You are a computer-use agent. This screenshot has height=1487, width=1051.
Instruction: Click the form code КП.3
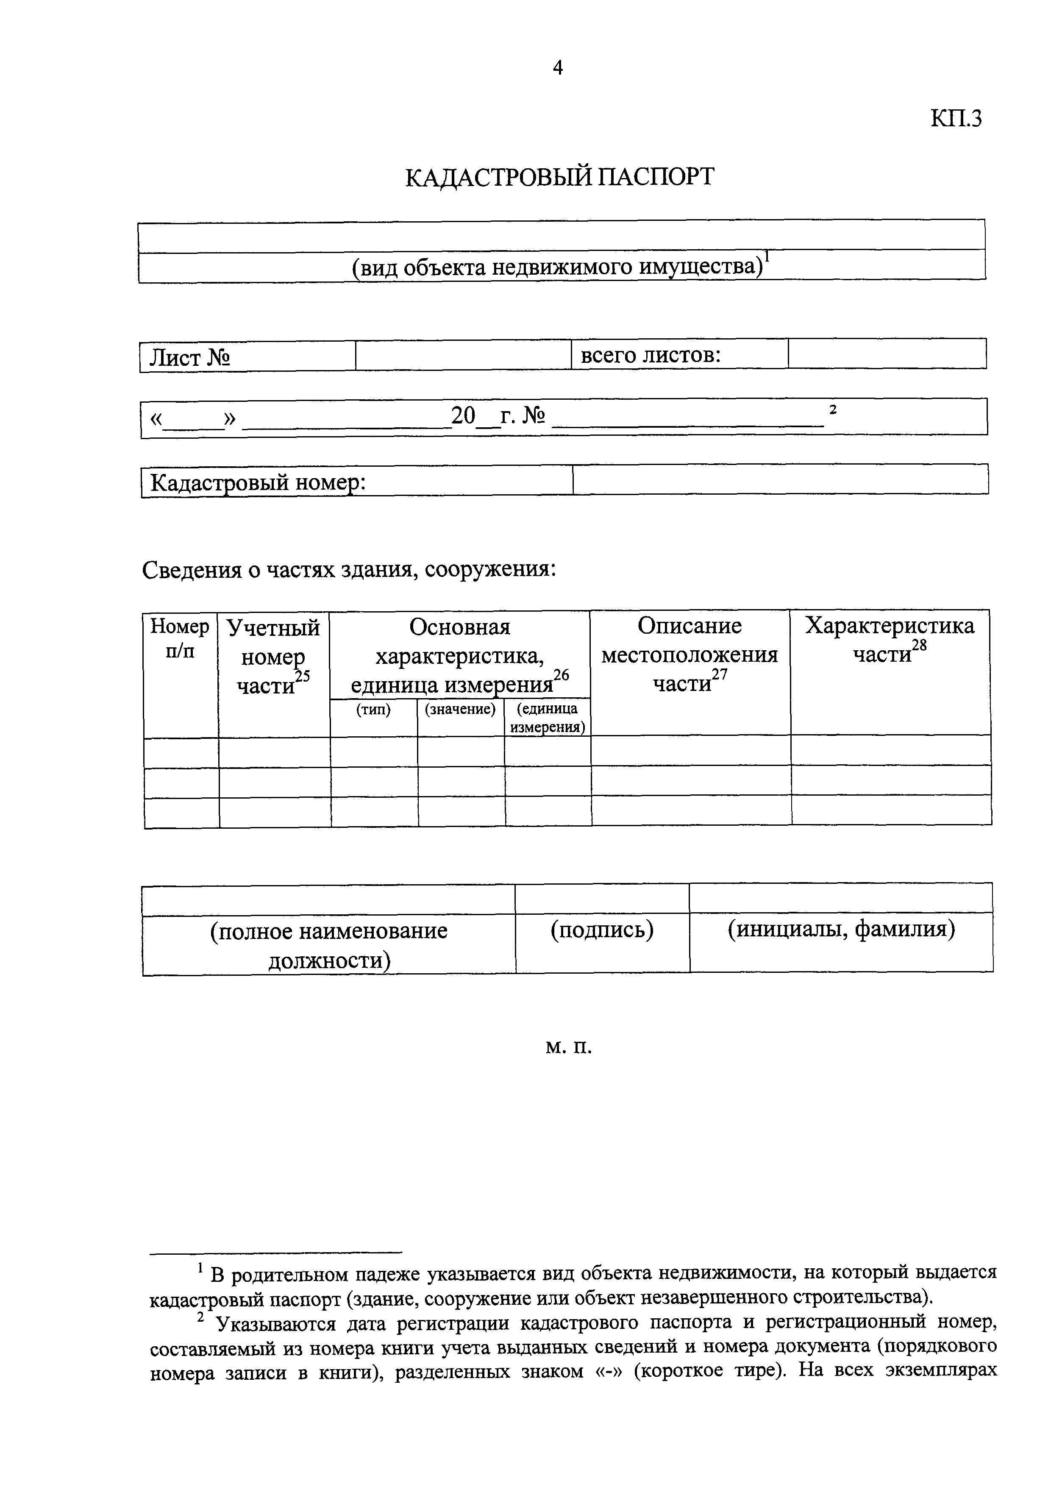pos(956,119)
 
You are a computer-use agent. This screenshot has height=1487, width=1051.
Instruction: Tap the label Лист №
pos(190,357)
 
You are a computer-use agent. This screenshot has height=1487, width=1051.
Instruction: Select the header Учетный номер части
pos(273,657)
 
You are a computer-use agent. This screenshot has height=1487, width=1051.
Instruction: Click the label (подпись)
pos(602,930)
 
